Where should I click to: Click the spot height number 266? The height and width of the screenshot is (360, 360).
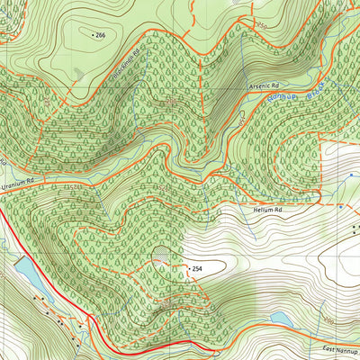101,34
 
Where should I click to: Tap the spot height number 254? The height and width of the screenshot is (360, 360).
197,269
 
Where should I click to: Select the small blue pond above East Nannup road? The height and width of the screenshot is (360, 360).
281,319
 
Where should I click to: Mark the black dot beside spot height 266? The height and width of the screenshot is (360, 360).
92,34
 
